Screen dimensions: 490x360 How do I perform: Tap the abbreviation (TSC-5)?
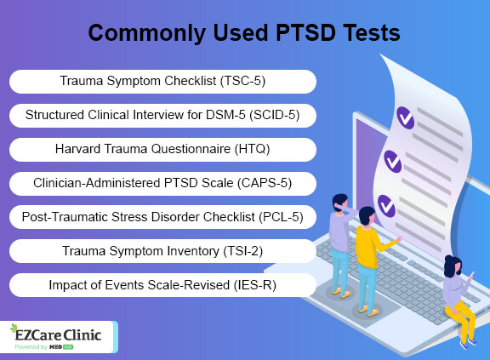[x=242, y=81]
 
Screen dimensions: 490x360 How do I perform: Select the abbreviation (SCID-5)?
[x=275, y=115]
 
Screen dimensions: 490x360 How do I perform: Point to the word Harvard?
[x=77, y=149]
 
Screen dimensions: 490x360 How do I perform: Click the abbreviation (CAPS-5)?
[x=265, y=183]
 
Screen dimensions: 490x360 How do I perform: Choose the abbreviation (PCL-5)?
[x=281, y=217]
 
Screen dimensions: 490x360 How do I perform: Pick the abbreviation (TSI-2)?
[x=242, y=251]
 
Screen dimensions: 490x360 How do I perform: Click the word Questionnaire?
[x=191, y=149]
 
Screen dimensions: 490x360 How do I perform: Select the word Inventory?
[x=193, y=251]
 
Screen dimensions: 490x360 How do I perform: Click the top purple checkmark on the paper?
[x=405, y=117]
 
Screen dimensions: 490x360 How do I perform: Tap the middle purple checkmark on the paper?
[x=393, y=162]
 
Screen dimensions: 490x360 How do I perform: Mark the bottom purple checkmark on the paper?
[x=386, y=206]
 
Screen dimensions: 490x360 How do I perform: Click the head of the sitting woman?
[x=453, y=266]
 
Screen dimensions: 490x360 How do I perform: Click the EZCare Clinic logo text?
[x=58, y=335]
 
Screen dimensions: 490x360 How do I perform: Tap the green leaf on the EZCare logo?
[x=14, y=329]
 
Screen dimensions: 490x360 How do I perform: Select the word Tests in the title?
[x=371, y=33]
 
